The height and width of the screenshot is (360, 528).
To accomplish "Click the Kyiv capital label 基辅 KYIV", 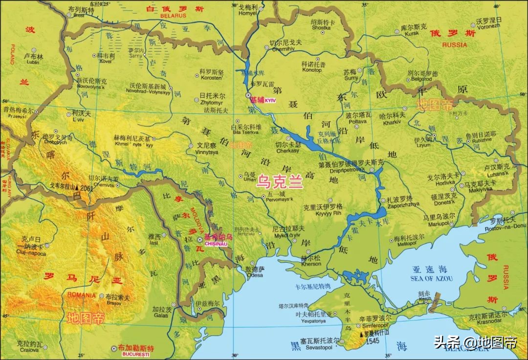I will [263, 100].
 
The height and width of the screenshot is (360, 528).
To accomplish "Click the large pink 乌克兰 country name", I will [281, 182].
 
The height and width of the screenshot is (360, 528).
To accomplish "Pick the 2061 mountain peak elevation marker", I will [87, 188].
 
